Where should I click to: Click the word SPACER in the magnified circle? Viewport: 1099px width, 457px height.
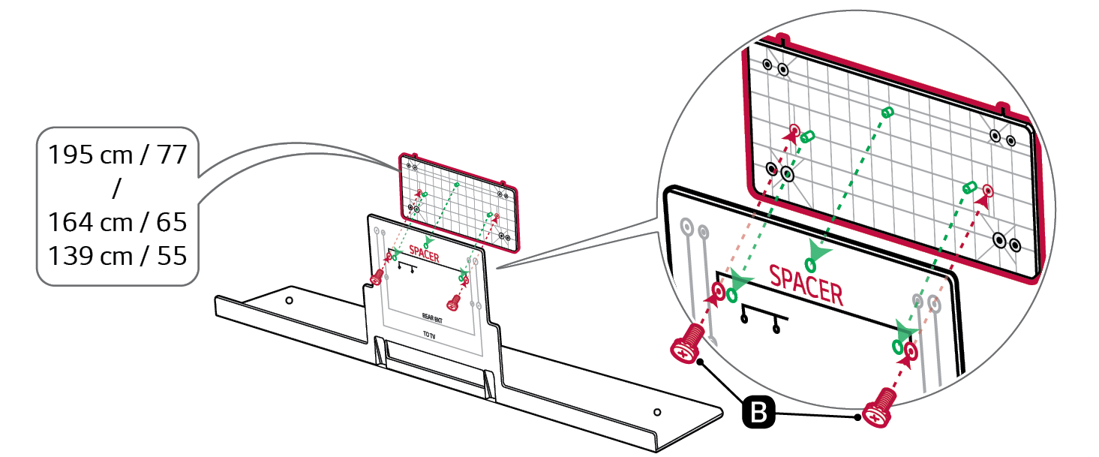[806, 283]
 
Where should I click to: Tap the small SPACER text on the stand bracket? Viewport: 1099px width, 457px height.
[425, 251]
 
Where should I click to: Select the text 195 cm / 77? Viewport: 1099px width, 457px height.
[117, 155]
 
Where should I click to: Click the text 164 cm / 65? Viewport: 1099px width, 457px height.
[117, 222]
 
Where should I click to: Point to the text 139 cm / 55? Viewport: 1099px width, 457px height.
[117, 255]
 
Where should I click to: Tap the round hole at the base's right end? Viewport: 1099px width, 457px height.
[657, 411]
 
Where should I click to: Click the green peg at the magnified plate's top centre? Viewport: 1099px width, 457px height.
[887, 112]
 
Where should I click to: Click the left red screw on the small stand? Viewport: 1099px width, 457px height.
[377, 277]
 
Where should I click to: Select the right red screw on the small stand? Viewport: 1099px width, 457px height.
[454, 302]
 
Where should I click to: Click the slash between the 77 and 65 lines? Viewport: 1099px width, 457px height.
[116, 189]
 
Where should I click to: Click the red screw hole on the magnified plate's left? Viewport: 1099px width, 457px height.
[794, 129]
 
